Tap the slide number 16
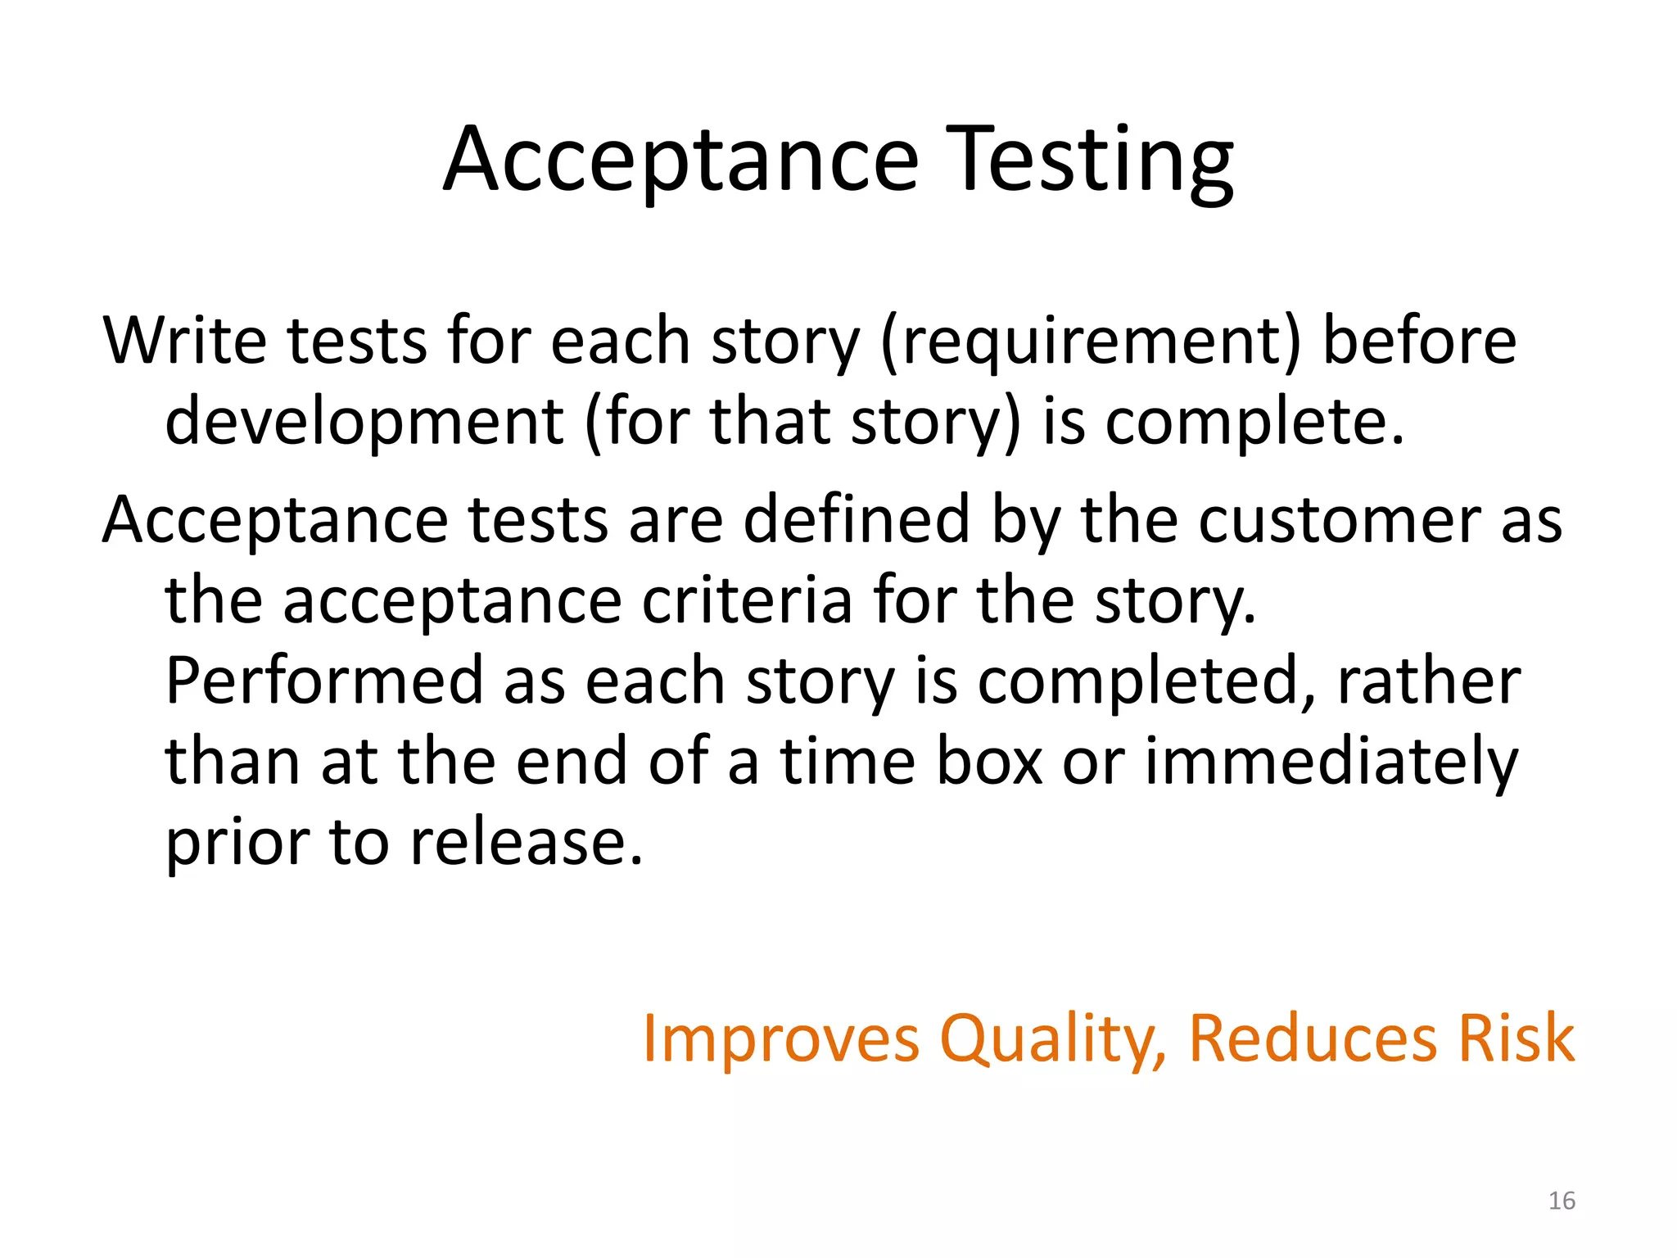(x=1562, y=1201)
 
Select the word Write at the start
(x=185, y=341)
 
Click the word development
(x=364, y=423)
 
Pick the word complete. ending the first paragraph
(x=1254, y=423)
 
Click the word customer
(x=1340, y=521)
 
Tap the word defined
(x=857, y=521)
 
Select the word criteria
(x=747, y=601)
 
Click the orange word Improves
(x=780, y=1039)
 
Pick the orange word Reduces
(x=1312, y=1039)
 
